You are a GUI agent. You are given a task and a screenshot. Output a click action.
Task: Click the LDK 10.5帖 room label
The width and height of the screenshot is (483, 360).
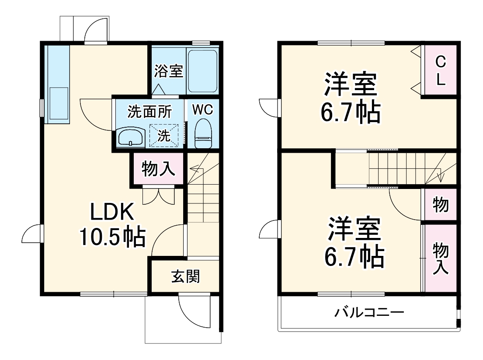pos(112,225)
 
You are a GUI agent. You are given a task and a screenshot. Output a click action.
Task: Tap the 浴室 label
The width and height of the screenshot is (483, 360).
pos(168,71)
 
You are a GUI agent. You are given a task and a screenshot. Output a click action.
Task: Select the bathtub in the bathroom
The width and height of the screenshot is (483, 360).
pos(202,71)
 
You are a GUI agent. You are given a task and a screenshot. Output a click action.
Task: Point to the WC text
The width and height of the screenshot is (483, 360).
pos(202,110)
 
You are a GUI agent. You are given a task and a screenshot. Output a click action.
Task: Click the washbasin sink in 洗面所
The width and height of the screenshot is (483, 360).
pos(131,137)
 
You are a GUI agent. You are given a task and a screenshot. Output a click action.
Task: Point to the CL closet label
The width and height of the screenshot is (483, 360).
pos(440,72)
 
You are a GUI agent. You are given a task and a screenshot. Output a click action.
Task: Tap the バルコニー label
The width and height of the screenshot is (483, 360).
pos(369,313)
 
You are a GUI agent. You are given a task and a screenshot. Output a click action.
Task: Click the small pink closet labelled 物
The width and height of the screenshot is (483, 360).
pos(441,204)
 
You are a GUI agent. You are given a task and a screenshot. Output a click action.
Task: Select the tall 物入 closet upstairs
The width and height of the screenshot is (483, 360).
pos(441,259)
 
